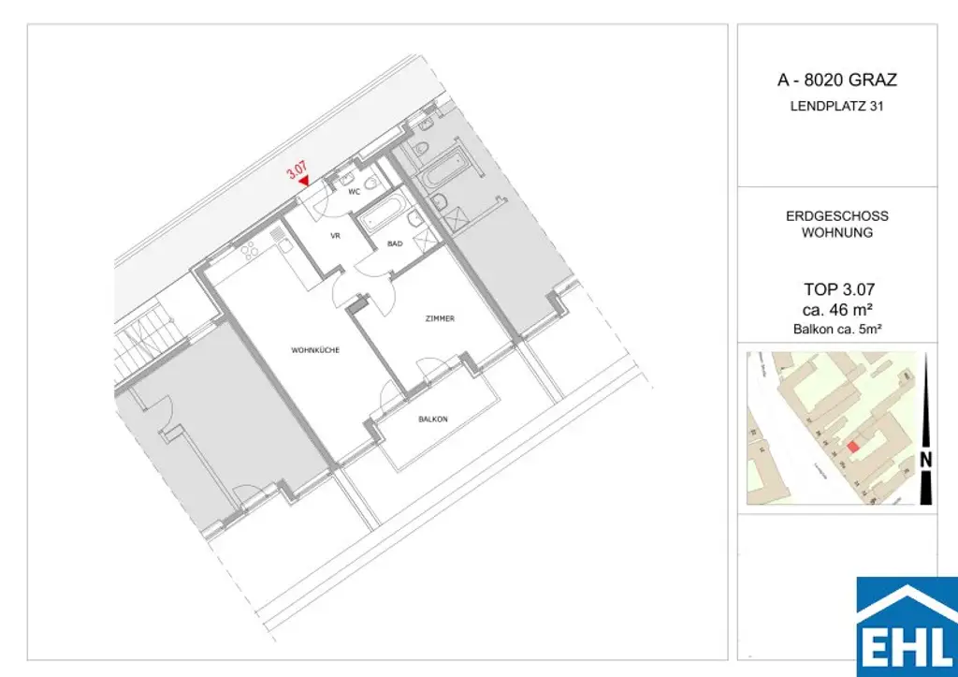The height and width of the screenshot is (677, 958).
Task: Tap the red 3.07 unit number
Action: point(297,171)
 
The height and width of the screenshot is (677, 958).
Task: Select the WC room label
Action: point(355,192)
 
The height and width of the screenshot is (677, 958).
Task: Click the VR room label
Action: point(334,236)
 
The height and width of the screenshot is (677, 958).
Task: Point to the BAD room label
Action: point(395,243)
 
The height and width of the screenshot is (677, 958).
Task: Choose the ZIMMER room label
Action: point(439,318)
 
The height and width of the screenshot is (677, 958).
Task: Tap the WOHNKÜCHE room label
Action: point(314,350)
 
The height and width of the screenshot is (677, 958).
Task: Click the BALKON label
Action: point(433,419)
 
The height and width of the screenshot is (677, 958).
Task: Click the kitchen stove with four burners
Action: point(251,252)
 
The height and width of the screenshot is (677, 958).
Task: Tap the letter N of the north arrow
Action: point(925,460)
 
